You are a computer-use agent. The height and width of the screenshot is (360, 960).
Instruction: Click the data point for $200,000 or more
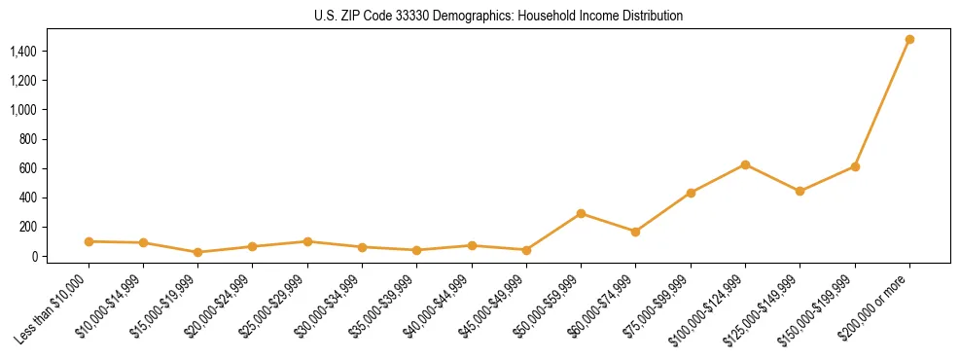click(909, 40)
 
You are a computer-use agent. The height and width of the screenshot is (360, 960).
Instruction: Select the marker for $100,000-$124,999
click(745, 164)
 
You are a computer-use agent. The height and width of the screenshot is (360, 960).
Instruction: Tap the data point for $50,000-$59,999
click(581, 213)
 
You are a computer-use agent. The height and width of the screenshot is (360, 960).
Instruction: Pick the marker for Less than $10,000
click(89, 241)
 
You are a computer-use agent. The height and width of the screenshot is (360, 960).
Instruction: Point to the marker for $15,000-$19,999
click(198, 252)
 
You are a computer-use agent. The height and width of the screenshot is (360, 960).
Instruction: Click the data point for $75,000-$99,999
click(691, 193)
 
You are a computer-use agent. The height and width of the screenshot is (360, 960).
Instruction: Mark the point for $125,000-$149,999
click(800, 191)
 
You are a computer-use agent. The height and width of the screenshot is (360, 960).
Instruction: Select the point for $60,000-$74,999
click(635, 232)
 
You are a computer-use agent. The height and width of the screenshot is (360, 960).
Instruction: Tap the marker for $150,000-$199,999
click(855, 166)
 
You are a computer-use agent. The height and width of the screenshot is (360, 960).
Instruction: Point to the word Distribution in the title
click(654, 17)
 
